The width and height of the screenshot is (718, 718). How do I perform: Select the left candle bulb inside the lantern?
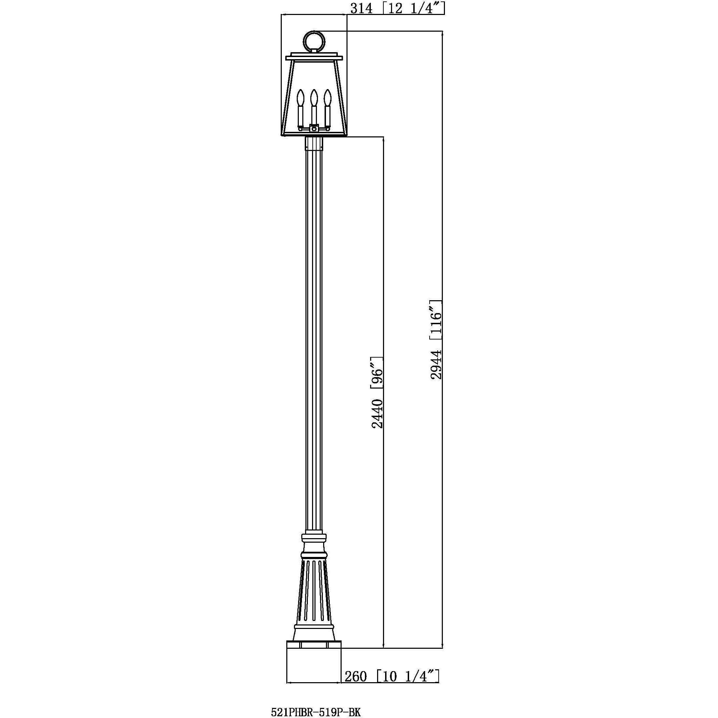(x=301, y=100)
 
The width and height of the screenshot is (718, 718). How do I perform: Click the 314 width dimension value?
(x=361, y=8)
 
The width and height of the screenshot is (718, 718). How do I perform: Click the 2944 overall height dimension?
(x=436, y=364)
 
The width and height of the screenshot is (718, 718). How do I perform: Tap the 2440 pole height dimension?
(x=377, y=413)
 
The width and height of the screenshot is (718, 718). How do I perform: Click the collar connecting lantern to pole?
(x=314, y=143)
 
